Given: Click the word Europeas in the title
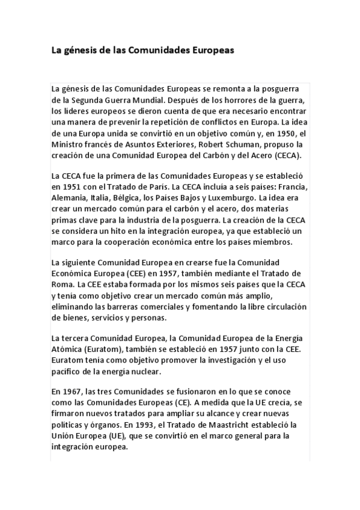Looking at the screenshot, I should click(x=211, y=51).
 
